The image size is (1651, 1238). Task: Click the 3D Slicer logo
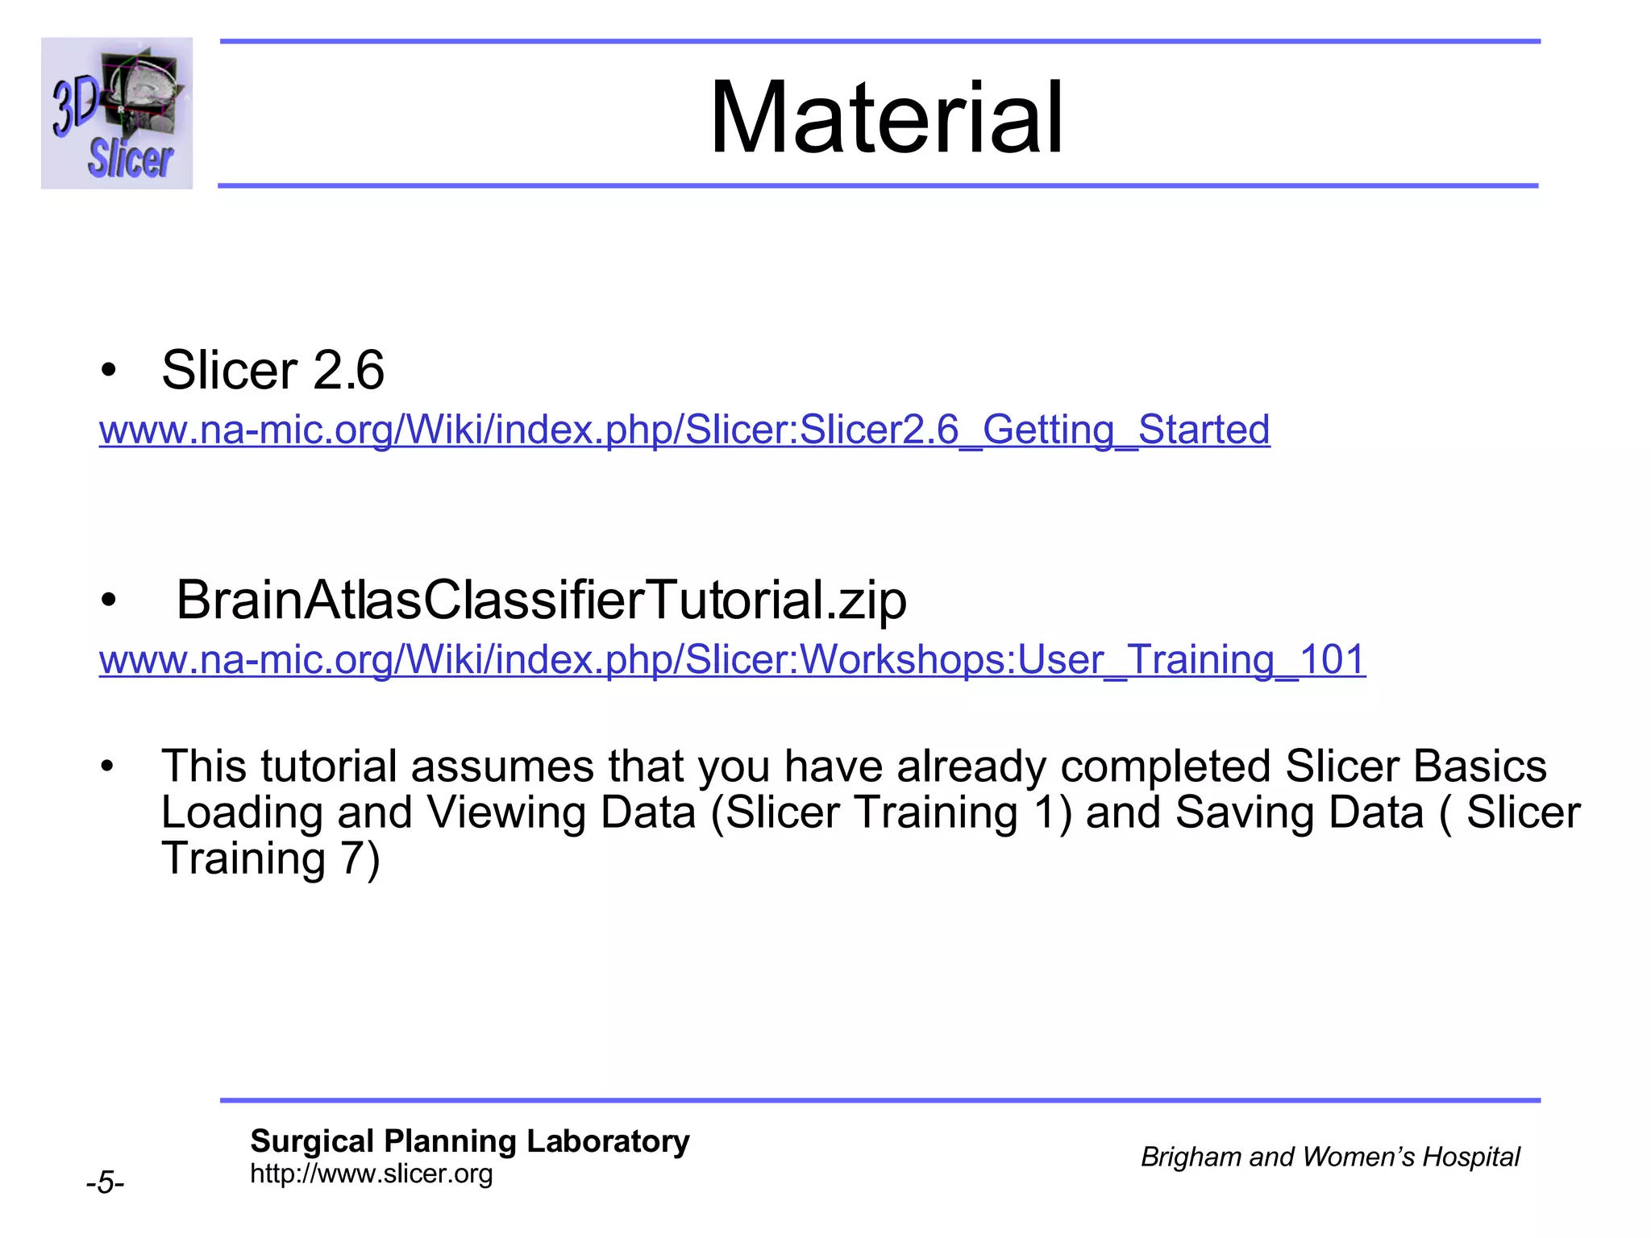117,113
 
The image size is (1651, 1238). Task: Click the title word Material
886,118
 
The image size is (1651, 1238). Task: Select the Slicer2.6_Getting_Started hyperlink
684,430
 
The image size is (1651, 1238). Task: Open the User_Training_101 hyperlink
732,660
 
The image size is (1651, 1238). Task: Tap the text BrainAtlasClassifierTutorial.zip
541,600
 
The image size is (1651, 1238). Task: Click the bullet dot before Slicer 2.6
109,372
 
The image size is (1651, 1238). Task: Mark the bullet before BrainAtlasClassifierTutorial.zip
109,601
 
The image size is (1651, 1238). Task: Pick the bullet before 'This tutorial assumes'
109,766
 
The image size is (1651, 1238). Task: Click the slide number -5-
105,1183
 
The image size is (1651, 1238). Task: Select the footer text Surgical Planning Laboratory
469,1141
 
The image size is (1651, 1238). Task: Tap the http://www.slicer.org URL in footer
371,1174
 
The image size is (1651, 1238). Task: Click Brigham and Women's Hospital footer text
1329,1157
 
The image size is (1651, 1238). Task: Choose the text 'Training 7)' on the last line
270,858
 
